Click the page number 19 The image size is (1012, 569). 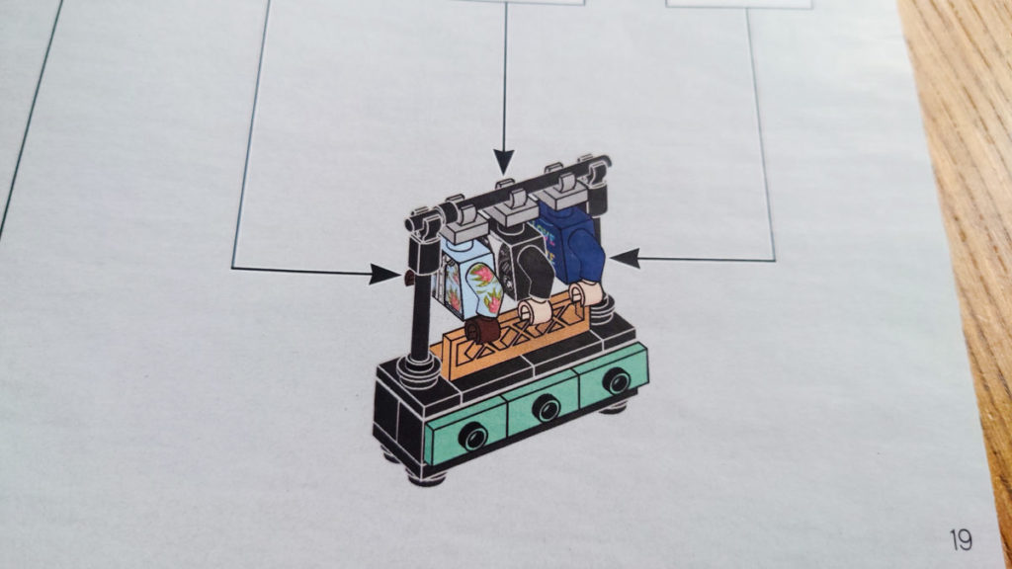(x=961, y=539)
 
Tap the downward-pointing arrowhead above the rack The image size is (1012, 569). (x=503, y=161)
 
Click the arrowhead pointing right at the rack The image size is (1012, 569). (x=385, y=274)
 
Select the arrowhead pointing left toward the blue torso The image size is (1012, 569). (x=625, y=259)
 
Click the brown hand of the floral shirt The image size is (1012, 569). (x=482, y=330)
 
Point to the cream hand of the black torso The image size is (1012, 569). (x=533, y=311)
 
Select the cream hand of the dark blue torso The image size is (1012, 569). (x=585, y=293)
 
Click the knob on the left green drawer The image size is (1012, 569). (x=473, y=436)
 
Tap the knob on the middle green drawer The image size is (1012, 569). (x=548, y=408)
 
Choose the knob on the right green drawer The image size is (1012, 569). (x=616, y=380)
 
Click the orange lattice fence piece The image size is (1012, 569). (x=510, y=341)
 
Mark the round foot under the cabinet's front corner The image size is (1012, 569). (x=427, y=477)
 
